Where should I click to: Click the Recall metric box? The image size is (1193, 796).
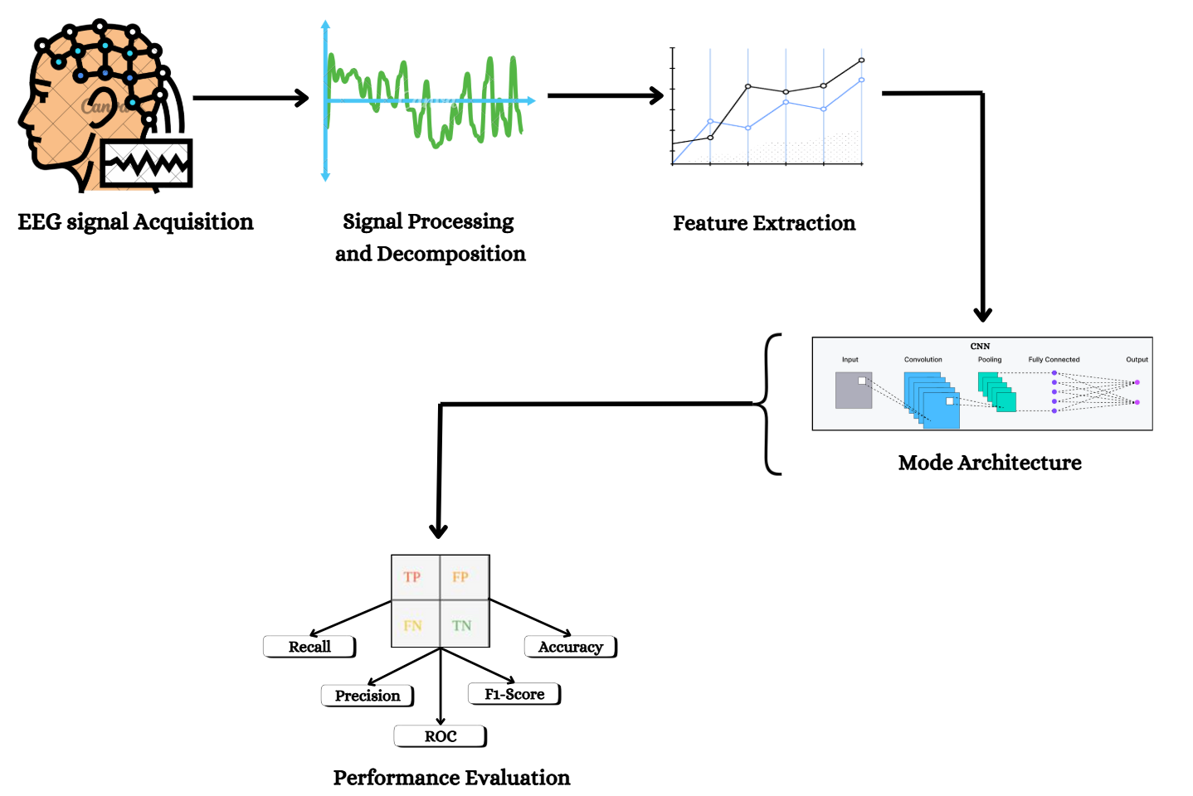pyautogui.click(x=309, y=647)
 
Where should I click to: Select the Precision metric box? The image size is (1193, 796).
pyautogui.click(x=368, y=696)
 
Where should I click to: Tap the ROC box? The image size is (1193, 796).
pyautogui.click(x=441, y=736)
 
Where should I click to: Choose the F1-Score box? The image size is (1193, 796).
pyautogui.click(x=514, y=694)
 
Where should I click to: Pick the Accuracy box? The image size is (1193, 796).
pyautogui.click(x=571, y=647)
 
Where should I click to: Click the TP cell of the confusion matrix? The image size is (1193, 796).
pyautogui.click(x=416, y=577)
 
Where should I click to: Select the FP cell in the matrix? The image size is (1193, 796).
pyautogui.click(x=465, y=577)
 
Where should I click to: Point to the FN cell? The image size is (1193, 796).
pyautogui.click(x=416, y=624)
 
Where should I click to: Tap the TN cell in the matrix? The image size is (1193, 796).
pyautogui.click(x=465, y=624)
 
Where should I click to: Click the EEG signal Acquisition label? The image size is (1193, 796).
pyautogui.click(x=135, y=222)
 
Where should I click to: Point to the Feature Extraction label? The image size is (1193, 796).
pyautogui.click(x=764, y=223)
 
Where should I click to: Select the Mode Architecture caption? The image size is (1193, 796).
pyautogui.click(x=990, y=463)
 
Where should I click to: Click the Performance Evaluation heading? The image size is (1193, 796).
pyautogui.click(x=451, y=778)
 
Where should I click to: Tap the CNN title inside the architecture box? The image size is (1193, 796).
pyautogui.click(x=980, y=346)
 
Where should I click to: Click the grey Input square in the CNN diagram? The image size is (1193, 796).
pyautogui.click(x=853, y=391)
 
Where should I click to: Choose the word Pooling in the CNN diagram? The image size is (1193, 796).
pyautogui.click(x=990, y=359)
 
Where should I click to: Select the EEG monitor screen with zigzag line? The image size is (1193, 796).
pyautogui.click(x=147, y=163)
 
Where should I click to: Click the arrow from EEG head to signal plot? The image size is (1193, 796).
pyautogui.click(x=251, y=98)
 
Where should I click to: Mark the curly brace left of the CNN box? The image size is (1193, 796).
pyautogui.click(x=767, y=404)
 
